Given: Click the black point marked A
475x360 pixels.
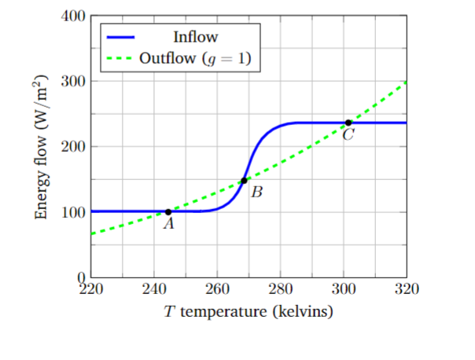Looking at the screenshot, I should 168,211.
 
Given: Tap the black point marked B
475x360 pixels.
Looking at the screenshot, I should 244,181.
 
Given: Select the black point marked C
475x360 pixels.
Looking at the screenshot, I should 348,123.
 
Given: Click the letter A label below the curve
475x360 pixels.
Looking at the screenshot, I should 168,224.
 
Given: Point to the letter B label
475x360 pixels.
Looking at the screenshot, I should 256,191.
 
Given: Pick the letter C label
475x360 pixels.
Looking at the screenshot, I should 348,135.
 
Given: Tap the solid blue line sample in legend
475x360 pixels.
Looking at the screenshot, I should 120,37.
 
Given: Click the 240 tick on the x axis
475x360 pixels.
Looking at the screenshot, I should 154,288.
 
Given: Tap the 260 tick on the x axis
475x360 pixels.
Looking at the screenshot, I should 217,288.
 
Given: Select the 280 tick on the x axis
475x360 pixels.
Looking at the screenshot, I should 281,288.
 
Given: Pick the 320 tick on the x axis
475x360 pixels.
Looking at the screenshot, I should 407,288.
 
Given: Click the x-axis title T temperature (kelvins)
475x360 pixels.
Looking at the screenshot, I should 249,312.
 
